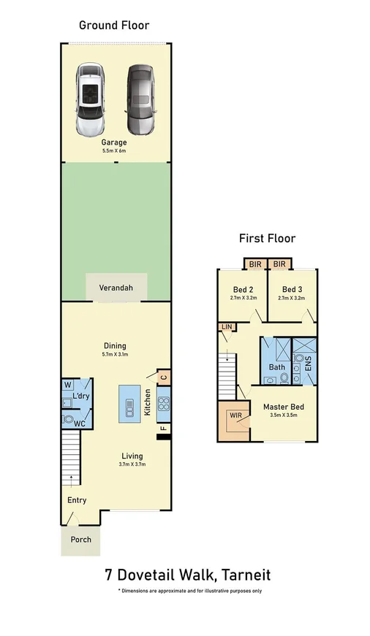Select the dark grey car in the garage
[140, 99]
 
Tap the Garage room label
[114, 142]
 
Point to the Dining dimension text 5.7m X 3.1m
[115, 355]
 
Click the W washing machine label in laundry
[68, 384]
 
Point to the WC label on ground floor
[80, 423]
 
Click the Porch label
[80, 541]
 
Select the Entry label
[77, 500]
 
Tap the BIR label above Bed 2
[254, 264]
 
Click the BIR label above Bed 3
[279, 264]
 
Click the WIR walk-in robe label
[235, 415]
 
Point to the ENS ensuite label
[308, 363]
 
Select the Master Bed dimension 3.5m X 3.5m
[282, 416]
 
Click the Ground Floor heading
[114, 26]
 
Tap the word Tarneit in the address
[239, 575]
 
